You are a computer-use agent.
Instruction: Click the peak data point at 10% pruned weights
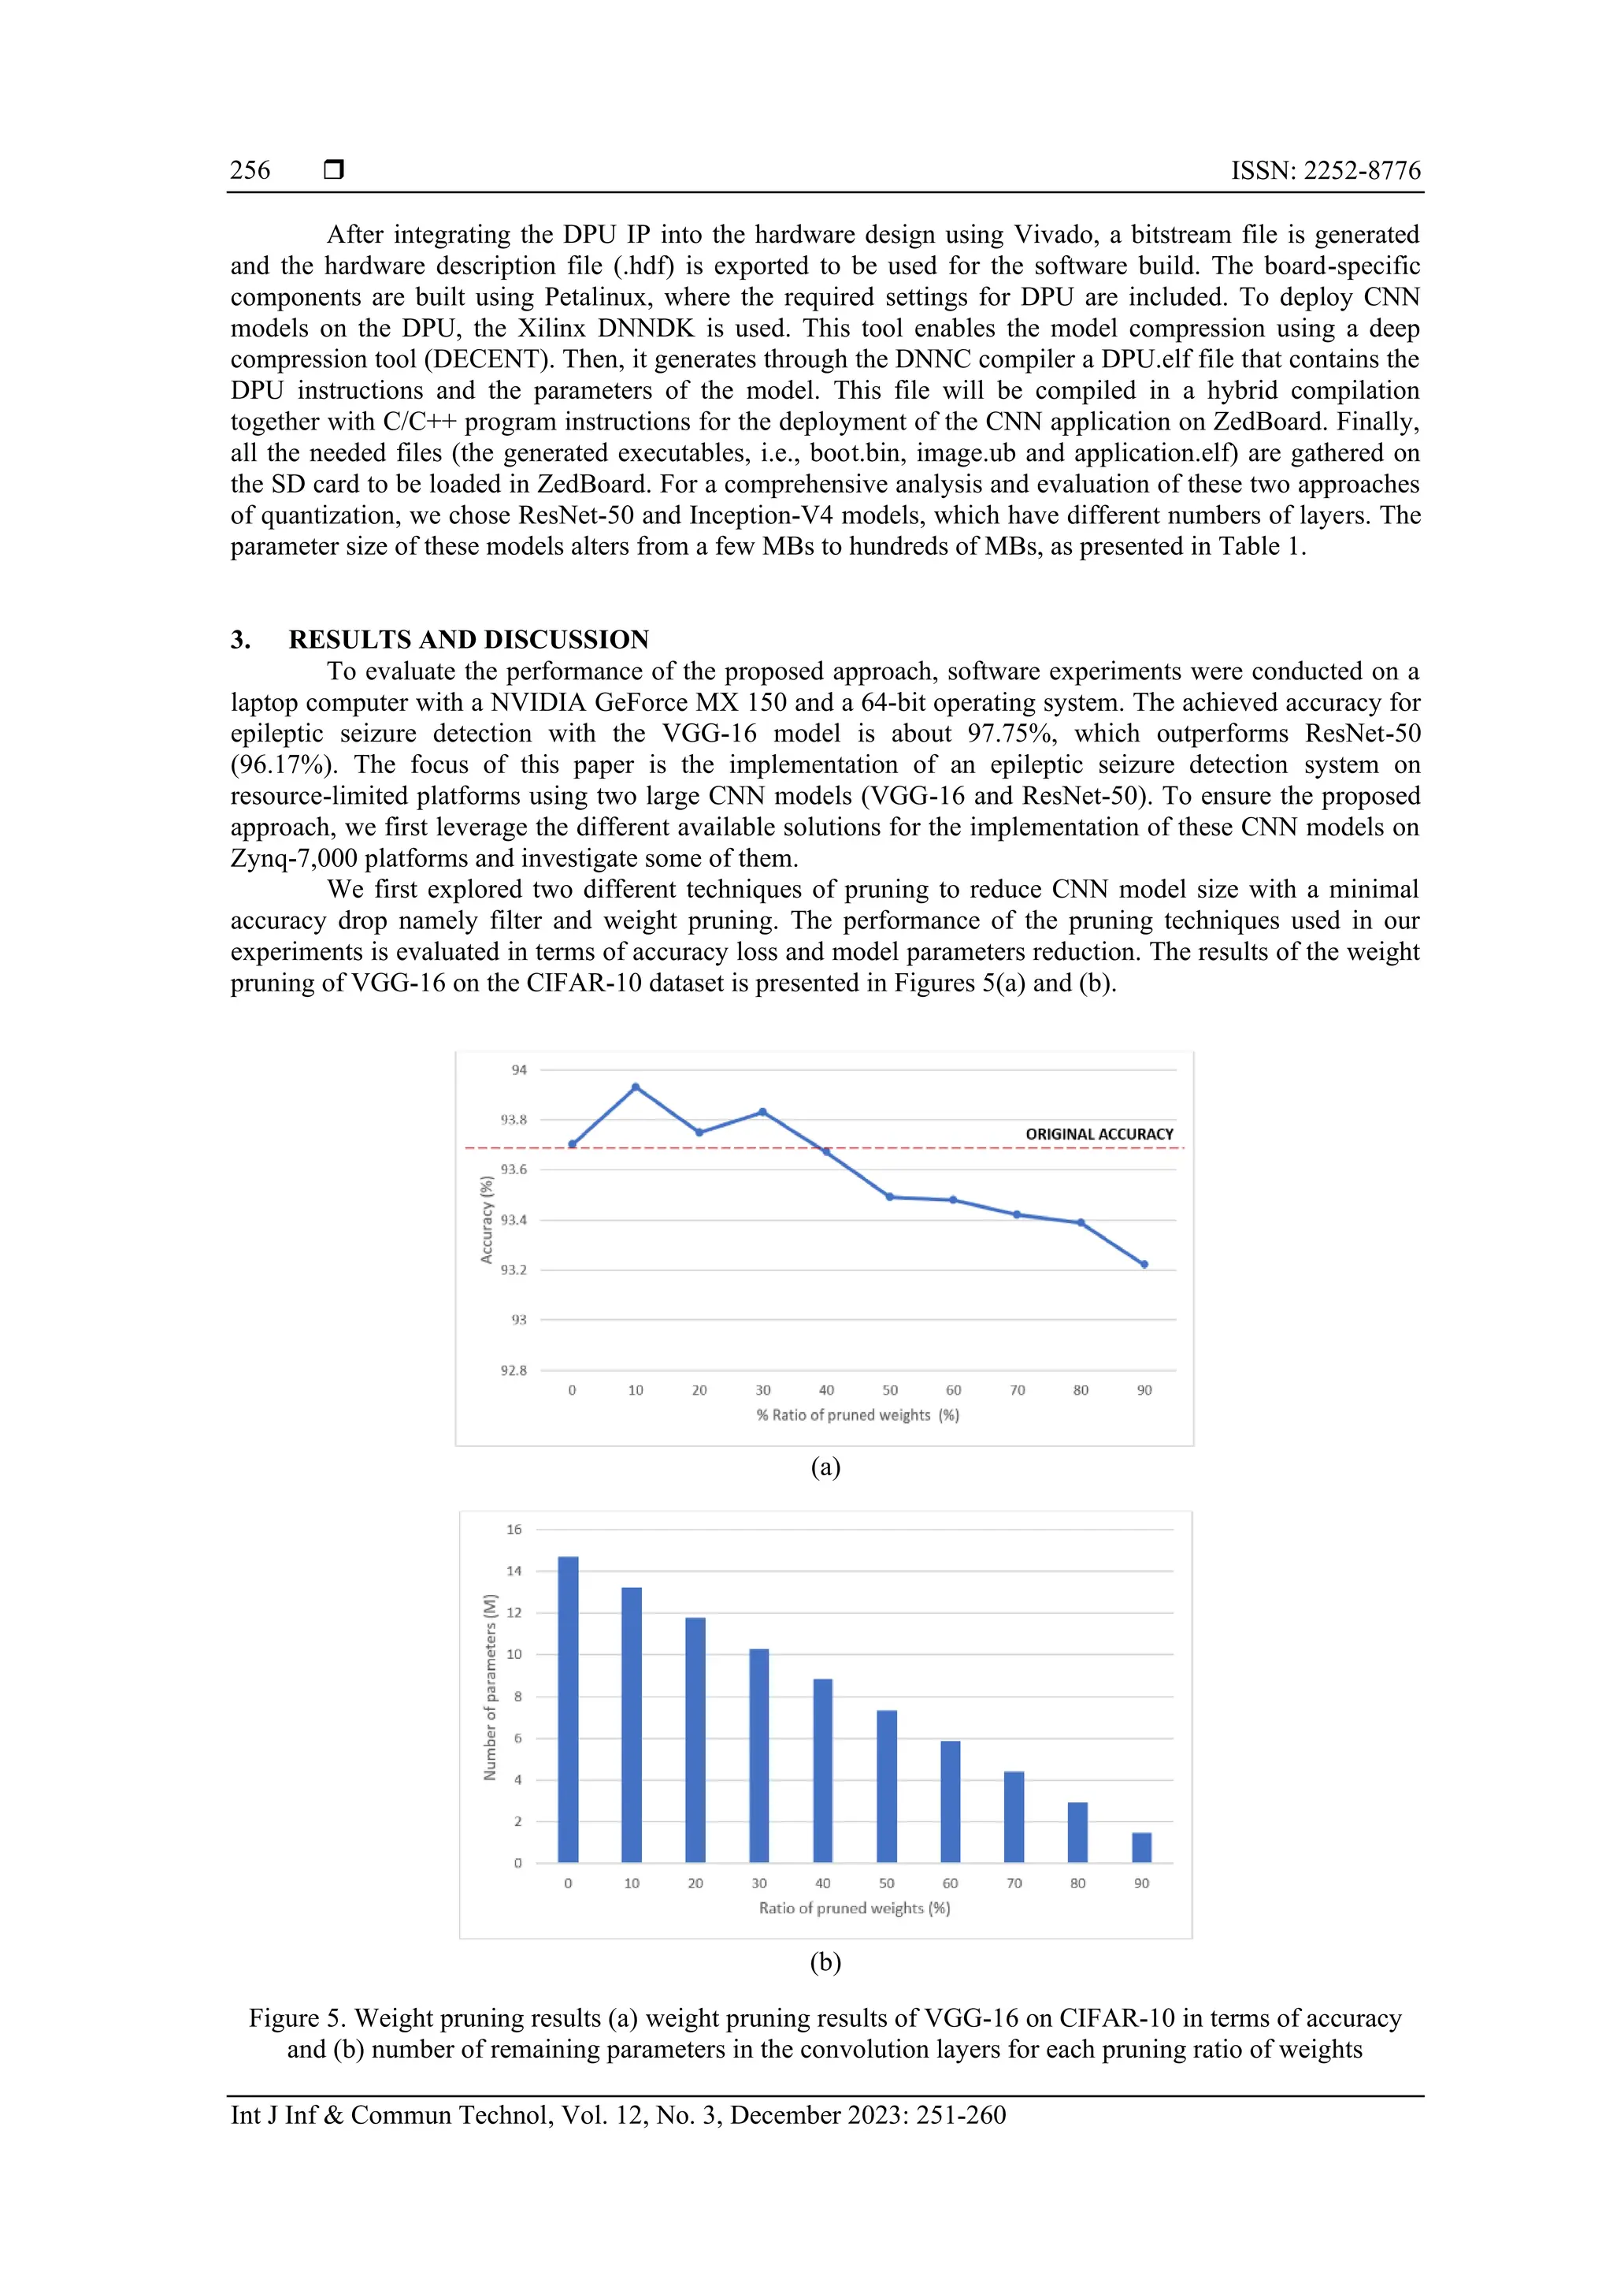(x=635, y=1087)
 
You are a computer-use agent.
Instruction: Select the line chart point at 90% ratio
(x=1144, y=1265)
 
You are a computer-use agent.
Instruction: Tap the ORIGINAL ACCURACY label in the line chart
(x=1099, y=1133)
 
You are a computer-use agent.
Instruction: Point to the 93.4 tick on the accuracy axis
(x=513, y=1220)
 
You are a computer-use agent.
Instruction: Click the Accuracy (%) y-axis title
(x=486, y=1219)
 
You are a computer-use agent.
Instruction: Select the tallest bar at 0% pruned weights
(x=568, y=1709)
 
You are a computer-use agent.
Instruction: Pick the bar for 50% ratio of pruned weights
(x=887, y=1786)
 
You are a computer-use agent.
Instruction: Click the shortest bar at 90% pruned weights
(x=1141, y=1847)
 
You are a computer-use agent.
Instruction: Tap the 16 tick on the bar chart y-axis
(x=514, y=1530)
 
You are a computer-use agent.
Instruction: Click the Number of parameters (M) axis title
(x=489, y=1687)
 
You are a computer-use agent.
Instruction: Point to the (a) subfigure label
(x=825, y=1467)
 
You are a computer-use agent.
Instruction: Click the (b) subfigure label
(x=825, y=1961)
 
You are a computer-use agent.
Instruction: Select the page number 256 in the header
(x=250, y=170)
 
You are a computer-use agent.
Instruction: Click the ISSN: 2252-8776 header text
(x=1325, y=170)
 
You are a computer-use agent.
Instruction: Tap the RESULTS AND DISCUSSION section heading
(x=468, y=639)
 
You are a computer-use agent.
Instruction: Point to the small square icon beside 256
(x=334, y=170)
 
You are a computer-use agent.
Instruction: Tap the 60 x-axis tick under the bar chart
(x=950, y=1883)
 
